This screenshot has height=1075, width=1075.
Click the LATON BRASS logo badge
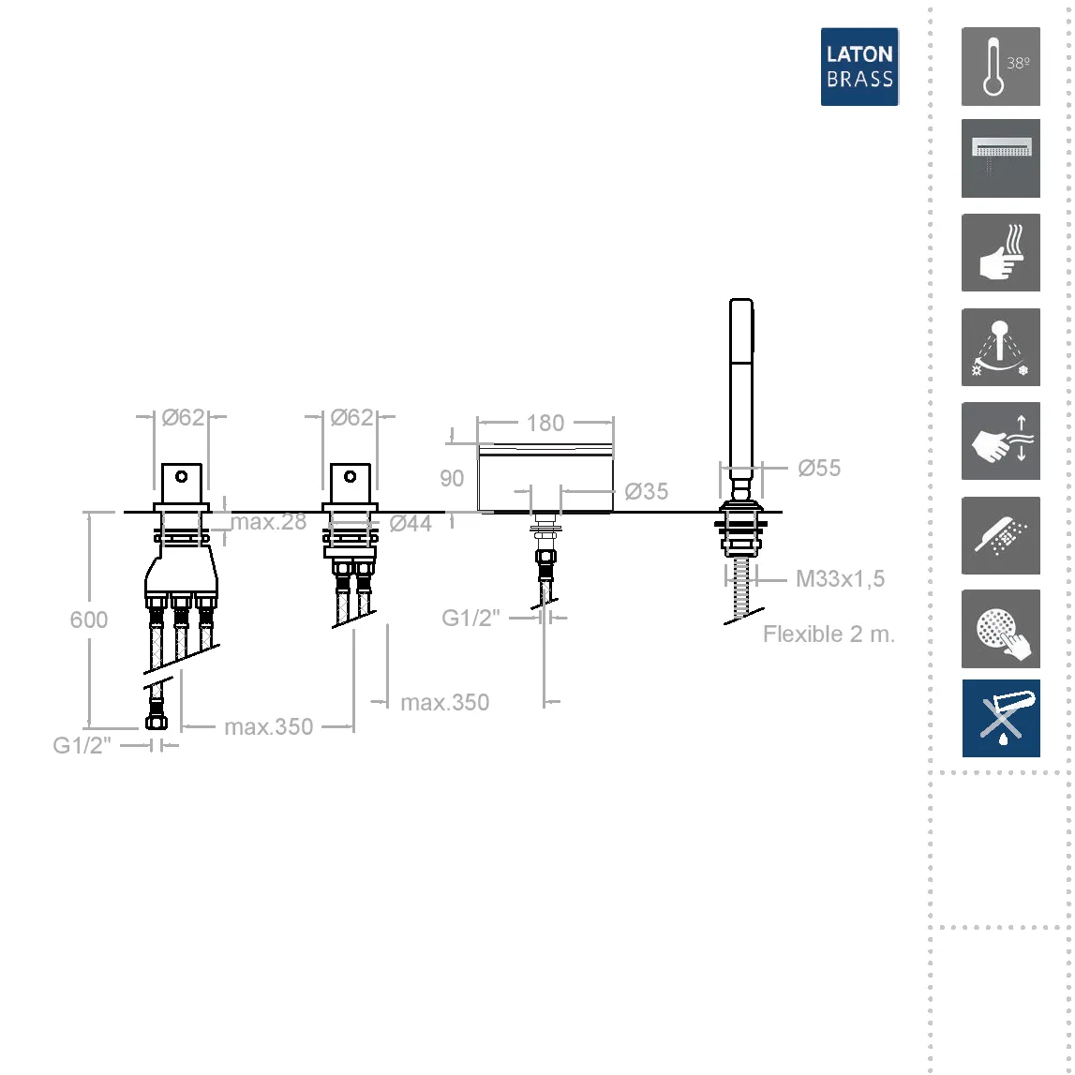tap(859, 67)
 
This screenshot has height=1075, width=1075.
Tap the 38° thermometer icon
tap(1000, 67)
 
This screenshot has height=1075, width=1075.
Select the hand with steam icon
tap(1000, 252)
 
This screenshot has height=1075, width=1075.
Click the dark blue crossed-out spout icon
tap(1000, 718)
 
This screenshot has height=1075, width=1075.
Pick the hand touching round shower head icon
tap(1000, 629)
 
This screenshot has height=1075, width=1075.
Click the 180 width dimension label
tap(545, 423)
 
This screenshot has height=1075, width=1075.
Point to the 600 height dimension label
tap(88, 620)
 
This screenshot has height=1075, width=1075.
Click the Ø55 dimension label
tap(818, 469)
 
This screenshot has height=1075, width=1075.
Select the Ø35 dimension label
tap(646, 491)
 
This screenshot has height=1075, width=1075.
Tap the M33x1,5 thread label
tap(840, 578)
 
